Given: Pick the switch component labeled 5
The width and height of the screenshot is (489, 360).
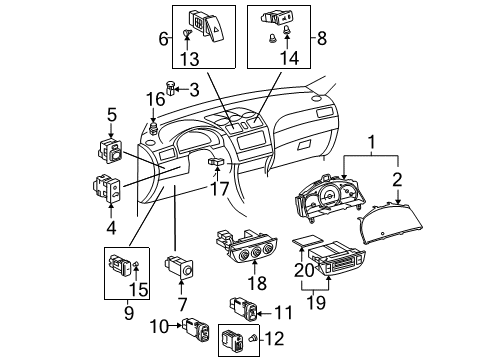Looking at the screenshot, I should click(111, 152).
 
